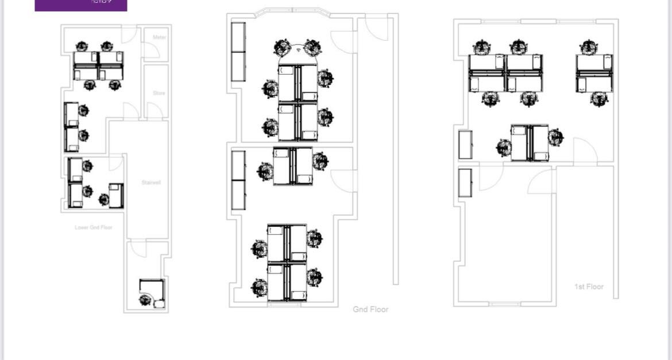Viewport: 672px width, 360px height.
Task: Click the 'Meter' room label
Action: coord(159,37)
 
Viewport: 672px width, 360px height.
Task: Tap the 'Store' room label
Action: coord(159,93)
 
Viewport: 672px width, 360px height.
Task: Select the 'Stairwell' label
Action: coord(151,183)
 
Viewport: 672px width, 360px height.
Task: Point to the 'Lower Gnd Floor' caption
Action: coord(94,228)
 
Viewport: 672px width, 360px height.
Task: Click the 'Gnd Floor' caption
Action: coord(370,309)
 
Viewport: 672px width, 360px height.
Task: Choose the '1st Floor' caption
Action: coord(589,287)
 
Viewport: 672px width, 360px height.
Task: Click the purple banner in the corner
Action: coord(81,5)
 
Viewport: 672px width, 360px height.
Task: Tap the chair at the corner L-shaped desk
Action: coord(145,299)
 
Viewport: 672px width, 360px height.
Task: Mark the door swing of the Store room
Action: coord(153,110)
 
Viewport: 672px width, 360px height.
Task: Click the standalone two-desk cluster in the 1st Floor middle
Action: coord(530,143)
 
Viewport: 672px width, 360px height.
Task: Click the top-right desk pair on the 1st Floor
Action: coord(594,73)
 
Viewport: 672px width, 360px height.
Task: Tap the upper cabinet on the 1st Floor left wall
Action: coord(465,145)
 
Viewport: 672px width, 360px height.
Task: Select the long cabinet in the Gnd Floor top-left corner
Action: coord(238,52)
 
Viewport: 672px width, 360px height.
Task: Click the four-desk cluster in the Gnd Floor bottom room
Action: coord(287,262)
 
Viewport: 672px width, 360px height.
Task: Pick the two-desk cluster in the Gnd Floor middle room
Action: coord(292,166)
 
